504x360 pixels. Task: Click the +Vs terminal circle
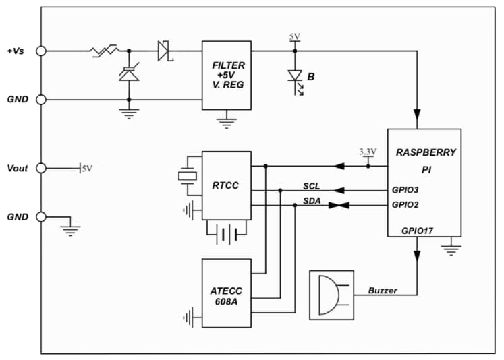[x=41, y=51]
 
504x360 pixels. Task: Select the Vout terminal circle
[x=41, y=168]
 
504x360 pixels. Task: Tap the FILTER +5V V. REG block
[x=227, y=75]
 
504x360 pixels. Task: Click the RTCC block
[x=226, y=184]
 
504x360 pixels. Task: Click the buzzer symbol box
[x=331, y=295]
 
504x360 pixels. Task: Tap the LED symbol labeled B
[x=295, y=77]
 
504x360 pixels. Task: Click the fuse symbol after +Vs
[x=105, y=51]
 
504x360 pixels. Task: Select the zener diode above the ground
[x=128, y=73]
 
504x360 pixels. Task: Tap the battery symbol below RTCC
[x=226, y=235]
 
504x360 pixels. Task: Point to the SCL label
[x=311, y=185]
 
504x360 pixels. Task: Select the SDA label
[x=311, y=200]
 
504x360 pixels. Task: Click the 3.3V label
[x=368, y=152]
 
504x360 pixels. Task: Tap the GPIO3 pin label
[x=405, y=190]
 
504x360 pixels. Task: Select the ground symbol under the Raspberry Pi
[x=451, y=249]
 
